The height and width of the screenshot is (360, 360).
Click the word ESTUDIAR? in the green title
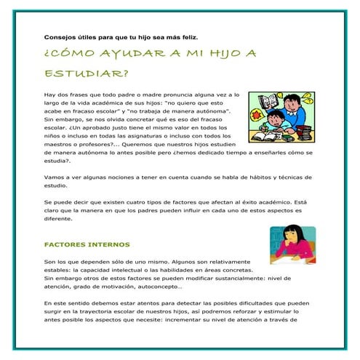click(x=86, y=73)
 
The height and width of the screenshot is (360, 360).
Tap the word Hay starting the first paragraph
click(x=50, y=95)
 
